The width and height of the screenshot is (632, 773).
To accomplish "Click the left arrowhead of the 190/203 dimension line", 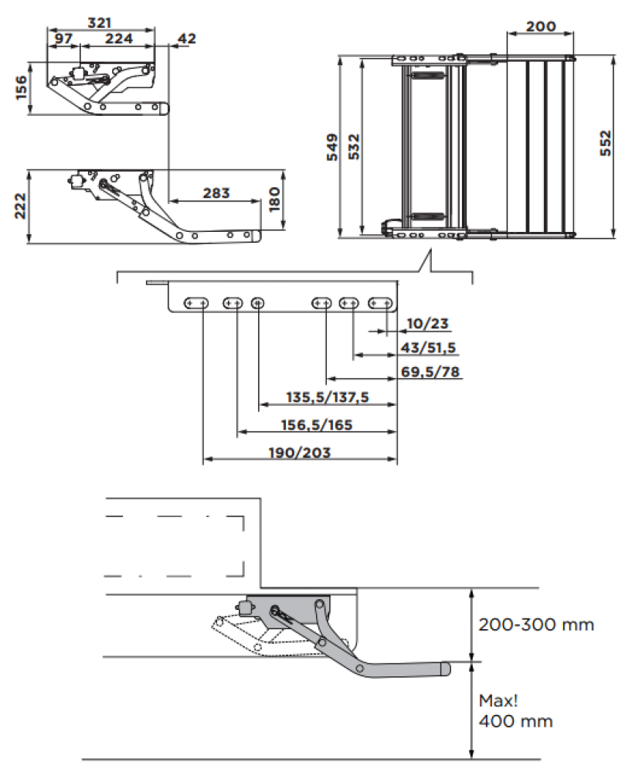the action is point(207,459).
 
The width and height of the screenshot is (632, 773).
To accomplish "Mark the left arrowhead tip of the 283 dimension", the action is point(169,201).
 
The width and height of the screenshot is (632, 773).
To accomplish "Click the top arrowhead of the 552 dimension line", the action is point(613,60).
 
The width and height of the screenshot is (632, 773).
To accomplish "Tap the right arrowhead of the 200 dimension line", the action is point(569,34).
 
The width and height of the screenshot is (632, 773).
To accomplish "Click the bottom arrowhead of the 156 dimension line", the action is point(31,111).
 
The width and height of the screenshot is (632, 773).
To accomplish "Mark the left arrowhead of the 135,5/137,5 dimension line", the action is point(263,404).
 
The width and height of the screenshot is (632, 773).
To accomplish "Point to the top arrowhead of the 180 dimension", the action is point(284,175).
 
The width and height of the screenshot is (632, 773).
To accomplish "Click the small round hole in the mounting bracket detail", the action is point(257,303).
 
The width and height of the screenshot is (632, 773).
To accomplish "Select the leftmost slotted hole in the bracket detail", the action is point(196,303).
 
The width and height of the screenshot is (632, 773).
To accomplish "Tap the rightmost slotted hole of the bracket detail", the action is point(380,303).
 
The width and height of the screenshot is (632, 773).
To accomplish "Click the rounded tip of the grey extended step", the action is point(447,669).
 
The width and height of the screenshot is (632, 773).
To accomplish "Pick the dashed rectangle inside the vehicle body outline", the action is point(175,547).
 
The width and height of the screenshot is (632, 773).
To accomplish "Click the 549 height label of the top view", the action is point(333,147).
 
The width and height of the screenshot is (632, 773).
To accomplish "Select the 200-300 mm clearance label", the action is point(536,625).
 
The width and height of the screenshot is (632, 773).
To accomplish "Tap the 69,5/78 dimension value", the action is point(430,372).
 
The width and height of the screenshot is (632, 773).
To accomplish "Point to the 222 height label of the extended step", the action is point(20,206).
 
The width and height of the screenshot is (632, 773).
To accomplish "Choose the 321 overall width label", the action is point(100,22).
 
